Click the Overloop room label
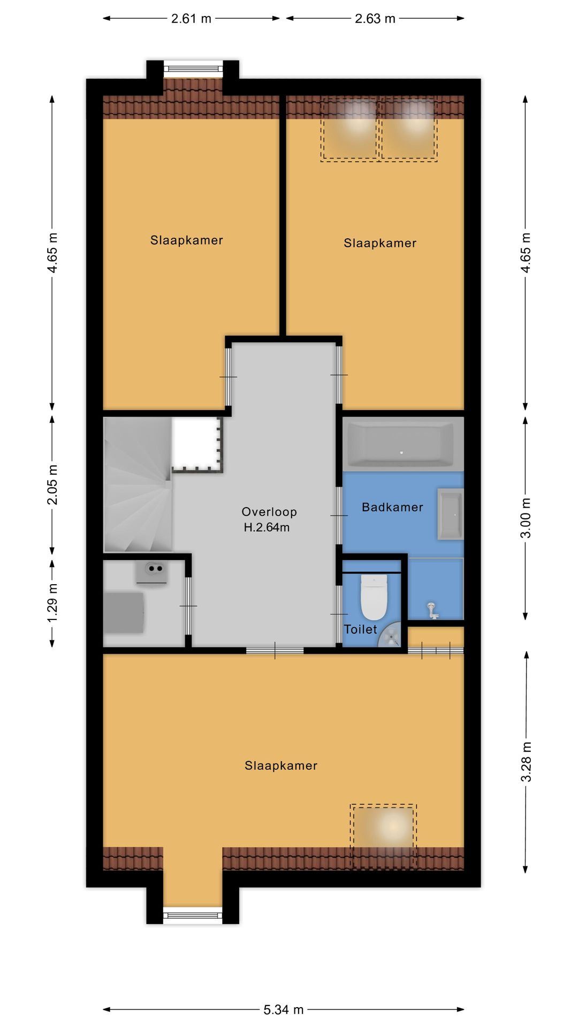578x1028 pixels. click(269, 512)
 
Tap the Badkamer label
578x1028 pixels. click(392, 507)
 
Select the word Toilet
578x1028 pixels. click(360, 629)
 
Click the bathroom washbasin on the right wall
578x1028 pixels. click(450, 513)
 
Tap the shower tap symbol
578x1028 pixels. click(432, 610)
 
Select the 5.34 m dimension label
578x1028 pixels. click(283, 1010)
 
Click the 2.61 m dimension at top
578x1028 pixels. click(191, 19)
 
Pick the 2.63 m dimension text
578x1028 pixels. click(375, 19)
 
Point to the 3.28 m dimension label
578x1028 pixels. click(527, 761)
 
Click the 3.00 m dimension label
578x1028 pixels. click(527, 518)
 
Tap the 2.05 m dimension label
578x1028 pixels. click(52, 485)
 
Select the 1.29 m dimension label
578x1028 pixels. click(52, 603)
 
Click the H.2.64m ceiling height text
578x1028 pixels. click(267, 527)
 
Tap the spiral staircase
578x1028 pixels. click(138, 485)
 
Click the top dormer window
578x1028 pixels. click(193, 68)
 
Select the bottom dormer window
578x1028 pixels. click(193, 916)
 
